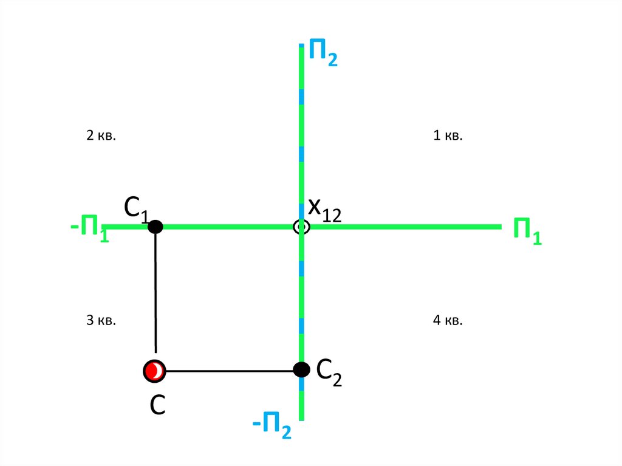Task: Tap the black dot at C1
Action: [155, 227]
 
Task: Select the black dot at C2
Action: [301, 369]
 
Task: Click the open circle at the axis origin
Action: [301, 227]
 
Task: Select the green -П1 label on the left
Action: [90, 231]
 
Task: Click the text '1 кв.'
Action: [448, 135]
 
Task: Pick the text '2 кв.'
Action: [101, 135]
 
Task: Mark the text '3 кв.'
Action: [101, 320]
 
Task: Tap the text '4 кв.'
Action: [448, 320]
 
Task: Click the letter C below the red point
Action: [158, 405]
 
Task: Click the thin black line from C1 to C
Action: [156, 292]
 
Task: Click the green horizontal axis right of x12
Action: [401, 227]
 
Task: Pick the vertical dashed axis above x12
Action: [301, 134]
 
